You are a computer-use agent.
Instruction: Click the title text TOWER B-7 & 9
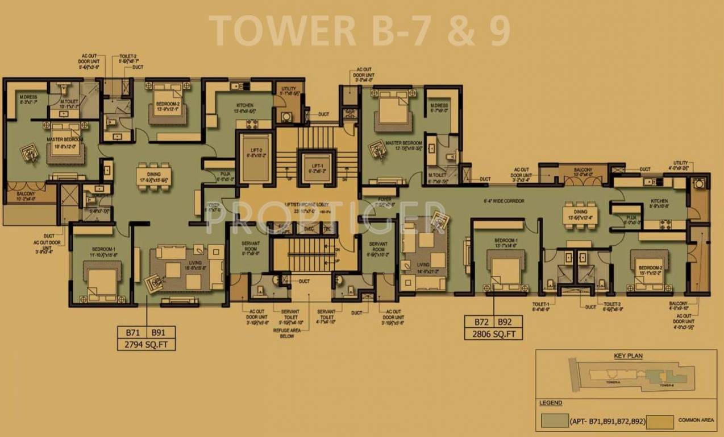click(359, 31)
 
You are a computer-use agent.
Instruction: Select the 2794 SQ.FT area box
click(147, 344)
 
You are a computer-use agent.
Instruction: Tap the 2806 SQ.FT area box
click(493, 334)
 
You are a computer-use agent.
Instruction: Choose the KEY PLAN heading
click(627, 356)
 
